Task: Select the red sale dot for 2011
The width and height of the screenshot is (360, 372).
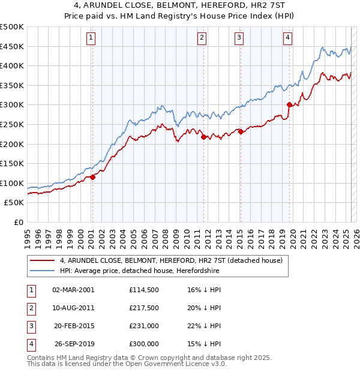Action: (203, 137)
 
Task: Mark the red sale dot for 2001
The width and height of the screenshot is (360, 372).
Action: (93, 177)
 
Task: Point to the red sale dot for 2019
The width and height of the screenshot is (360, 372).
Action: (289, 104)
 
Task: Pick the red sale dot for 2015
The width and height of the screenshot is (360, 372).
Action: (241, 132)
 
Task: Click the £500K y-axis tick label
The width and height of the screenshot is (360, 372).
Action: (12, 27)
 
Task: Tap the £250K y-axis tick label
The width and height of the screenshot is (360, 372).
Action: (12, 124)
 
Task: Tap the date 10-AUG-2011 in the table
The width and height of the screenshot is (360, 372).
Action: (73, 308)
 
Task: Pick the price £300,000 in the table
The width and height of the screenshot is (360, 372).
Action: (144, 344)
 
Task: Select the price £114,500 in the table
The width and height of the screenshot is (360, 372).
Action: (144, 290)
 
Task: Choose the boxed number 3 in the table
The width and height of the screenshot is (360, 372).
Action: (31, 326)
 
